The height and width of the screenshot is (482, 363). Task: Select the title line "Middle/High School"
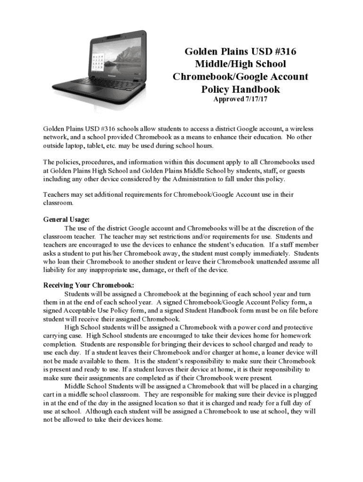240,64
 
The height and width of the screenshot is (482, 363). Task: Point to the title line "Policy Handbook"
240,89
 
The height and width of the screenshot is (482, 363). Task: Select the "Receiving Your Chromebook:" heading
89,285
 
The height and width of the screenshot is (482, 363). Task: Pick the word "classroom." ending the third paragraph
58,203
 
